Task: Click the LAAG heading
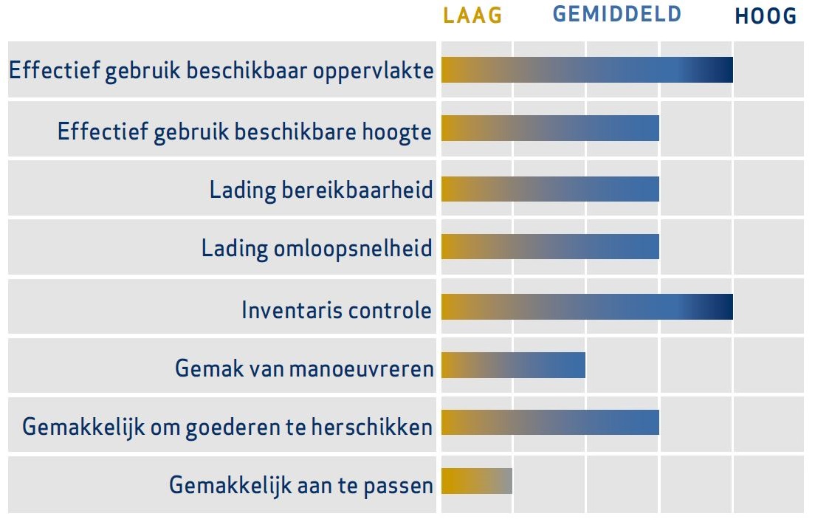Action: coord(472,16)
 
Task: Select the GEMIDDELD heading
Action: coord(617,14)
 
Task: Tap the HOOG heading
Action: coord(766,16)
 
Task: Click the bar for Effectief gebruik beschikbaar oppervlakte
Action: coord(588,70)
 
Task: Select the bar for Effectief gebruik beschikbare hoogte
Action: coord(551,128)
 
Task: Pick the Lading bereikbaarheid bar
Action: coord(551,189)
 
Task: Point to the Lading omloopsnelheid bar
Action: coord(551,247)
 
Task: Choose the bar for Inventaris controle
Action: coord(588,306)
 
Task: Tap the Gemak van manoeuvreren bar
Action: coord(514,365)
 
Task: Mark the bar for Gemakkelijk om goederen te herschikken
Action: coord(551,422)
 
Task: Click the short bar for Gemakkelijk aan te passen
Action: coord(477,481)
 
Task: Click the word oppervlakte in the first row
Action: coord(374,71)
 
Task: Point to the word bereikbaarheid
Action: coord(357,190)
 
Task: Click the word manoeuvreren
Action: coord(361,368)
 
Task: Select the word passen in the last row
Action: coord(398,487)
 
